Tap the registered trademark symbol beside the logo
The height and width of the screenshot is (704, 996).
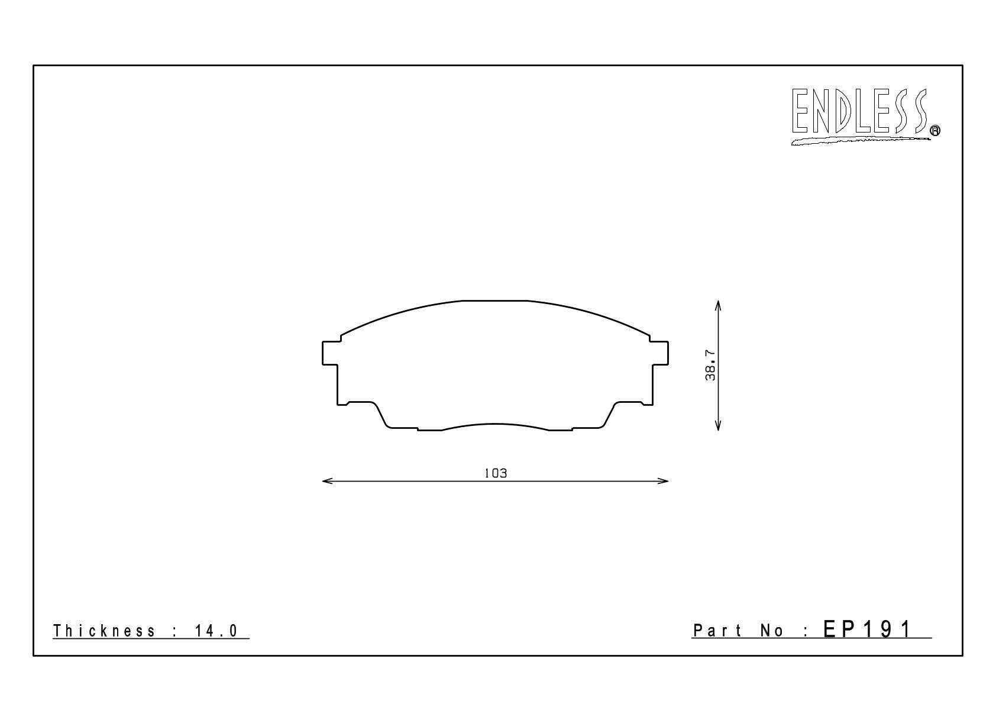935,130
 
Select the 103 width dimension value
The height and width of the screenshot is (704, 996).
495,473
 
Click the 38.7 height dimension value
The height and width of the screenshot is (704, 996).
710,365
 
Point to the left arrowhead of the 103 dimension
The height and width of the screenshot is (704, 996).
327,481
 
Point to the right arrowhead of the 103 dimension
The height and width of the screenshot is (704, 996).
663,481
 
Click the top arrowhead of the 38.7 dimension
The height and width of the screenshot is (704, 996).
717,306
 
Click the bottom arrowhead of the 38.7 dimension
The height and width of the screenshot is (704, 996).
717,425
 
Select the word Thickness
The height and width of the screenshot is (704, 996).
104,631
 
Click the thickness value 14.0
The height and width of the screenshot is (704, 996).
216,631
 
